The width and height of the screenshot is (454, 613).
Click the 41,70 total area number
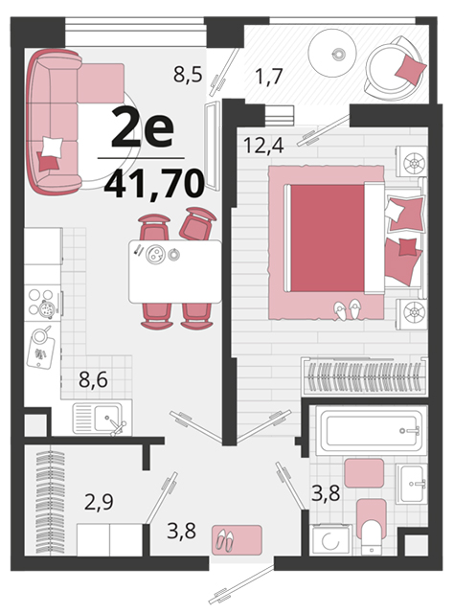154,184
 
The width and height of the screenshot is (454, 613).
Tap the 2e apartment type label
143,126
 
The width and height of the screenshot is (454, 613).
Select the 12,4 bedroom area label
263,146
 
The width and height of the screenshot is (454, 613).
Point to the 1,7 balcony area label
268,76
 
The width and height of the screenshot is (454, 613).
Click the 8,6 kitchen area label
93,379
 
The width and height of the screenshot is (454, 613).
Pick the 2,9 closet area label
99,502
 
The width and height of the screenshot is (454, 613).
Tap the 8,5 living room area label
188,74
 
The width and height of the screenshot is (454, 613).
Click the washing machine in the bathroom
330,540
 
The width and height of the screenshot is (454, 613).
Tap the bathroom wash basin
411,484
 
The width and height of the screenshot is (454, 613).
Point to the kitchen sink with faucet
102,419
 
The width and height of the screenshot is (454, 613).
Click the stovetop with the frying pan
43,303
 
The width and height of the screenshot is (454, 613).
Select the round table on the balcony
332,54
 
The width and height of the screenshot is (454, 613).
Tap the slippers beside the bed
348,309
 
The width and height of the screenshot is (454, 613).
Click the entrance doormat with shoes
237,539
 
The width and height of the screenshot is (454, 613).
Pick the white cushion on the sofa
52,147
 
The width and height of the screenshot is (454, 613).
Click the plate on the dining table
155,254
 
